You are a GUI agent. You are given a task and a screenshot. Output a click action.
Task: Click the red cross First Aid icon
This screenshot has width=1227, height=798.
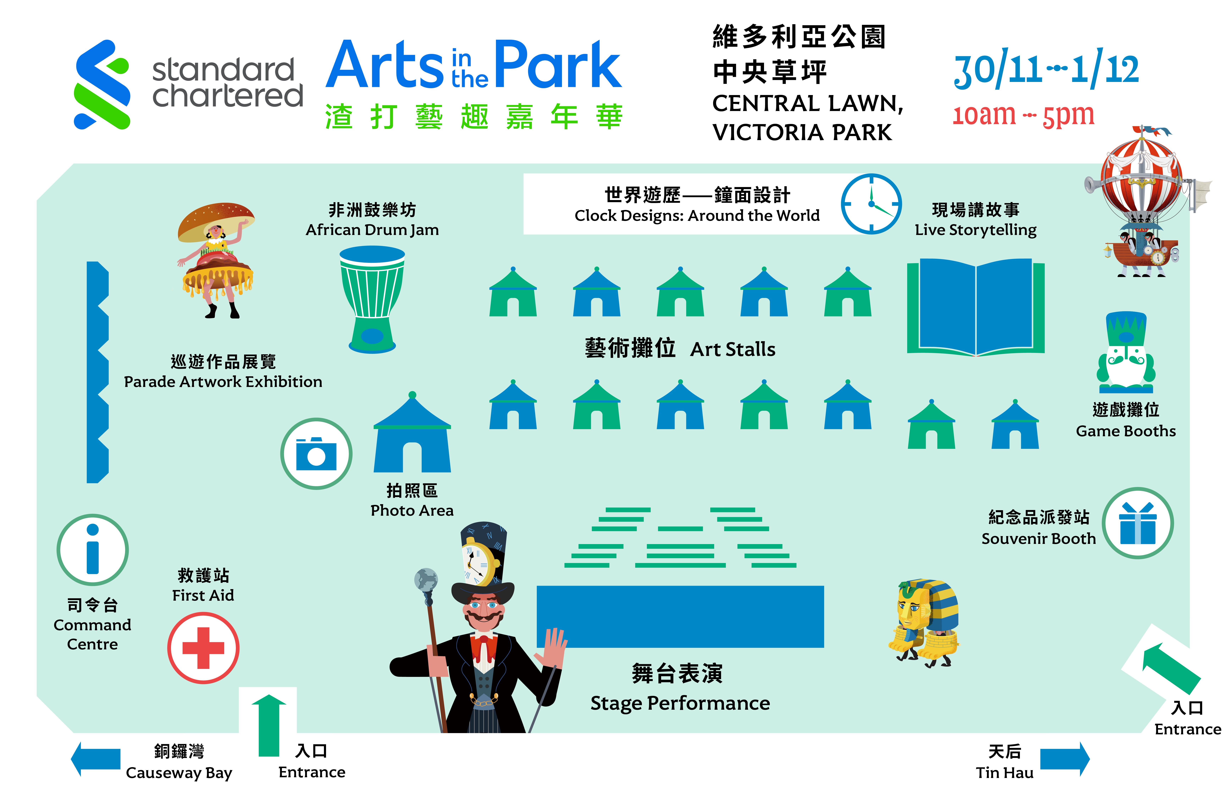click(x=203, y=648)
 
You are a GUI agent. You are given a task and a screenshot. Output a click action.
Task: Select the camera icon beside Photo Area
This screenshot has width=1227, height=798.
click(x=316, y=454)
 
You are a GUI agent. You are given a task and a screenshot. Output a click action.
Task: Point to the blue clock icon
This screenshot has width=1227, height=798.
click(x=871, y=204)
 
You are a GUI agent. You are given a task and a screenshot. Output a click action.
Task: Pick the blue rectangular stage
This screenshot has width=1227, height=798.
click(x=680, y=617)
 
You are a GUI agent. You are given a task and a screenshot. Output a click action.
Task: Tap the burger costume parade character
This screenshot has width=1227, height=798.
click(x=216, y=260)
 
